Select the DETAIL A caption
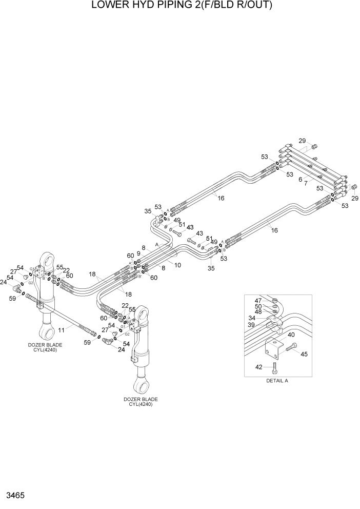point(277,381)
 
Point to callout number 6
point(300,179)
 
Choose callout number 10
point(178,265)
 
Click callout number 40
point(291,335)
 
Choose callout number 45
point(305,354)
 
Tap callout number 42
point(259,367)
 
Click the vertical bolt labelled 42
point(275,366)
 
